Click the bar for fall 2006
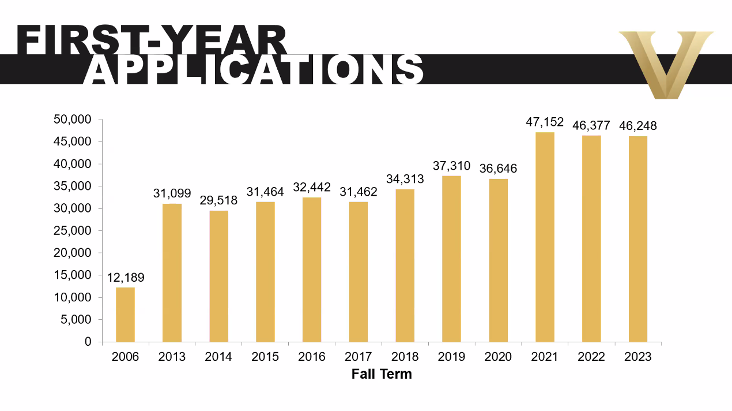click(125, 315)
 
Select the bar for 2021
click(545, 237)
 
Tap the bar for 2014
click(218, 276)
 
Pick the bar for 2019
click(451, 259)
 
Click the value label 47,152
click(545, 122)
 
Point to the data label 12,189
click(126, 278)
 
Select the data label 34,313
click(405, 179)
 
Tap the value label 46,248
click(638, 126)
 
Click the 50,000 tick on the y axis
click(72, 119)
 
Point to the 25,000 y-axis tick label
click(72, 231)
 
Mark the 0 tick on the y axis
click(88, 342)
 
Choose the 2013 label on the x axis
click(172, 357)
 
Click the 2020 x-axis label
click(498, 357)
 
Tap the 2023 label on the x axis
click(638, 357)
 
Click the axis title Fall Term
click(382, 373)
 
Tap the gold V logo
click(666, 63)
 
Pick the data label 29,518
click(218, 201)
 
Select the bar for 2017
click(359, 271)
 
